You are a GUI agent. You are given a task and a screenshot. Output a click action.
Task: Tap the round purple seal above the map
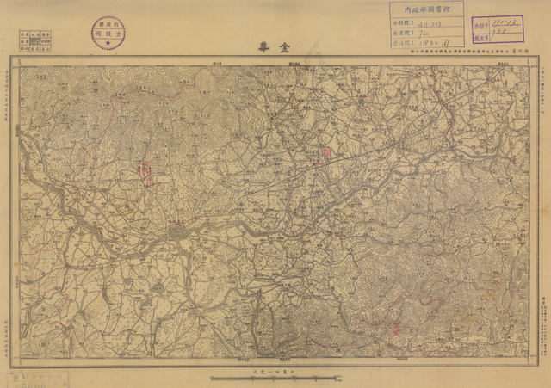pyautogui.click(x=107, y=31)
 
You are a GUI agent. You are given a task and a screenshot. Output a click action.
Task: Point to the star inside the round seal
pyautogui.click(x=107, y=42)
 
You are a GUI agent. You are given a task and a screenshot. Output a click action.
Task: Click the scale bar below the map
pyautogui.click(x=275, y=377)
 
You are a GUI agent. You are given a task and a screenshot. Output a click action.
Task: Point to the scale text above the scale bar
pyautogui.click(x=275, y=369)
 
